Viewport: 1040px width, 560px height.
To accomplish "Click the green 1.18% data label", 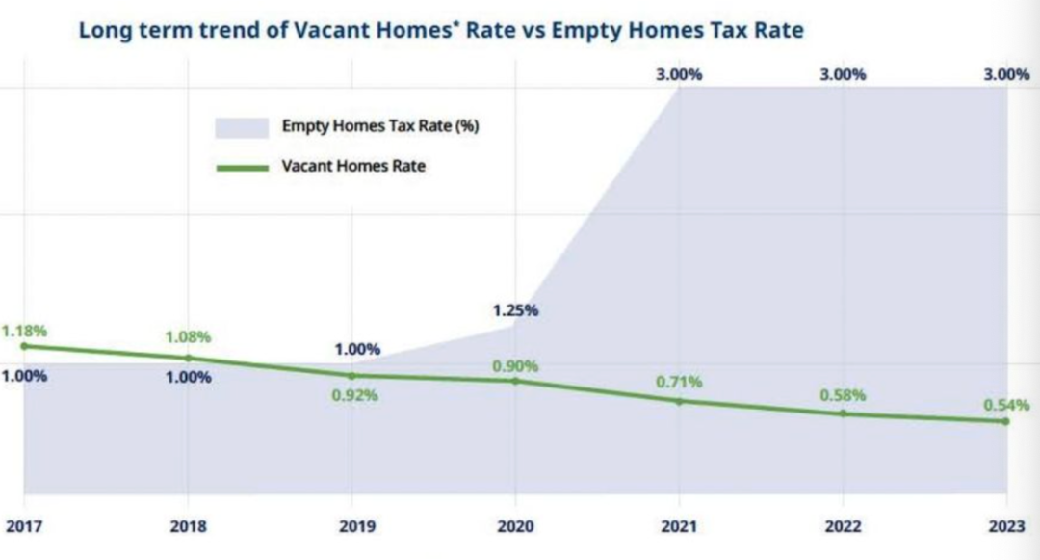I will pyautogui.click(x=24, y=331).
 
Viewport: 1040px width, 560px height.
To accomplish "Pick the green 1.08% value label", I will pyautogui.click(x=188, y=337).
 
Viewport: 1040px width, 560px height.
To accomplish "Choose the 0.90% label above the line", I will pyautogui.click(x=515, y=366).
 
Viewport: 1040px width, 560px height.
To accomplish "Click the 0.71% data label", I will pyautogui.click(x=680, y=382).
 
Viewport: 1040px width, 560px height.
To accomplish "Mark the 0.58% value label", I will pyautogui.click(x=843, y=395).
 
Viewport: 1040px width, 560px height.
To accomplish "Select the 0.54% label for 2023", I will pyautogui.click(x=1006, y=405).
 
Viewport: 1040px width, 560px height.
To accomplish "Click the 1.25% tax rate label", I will pyautogui.click(x=515, y=310).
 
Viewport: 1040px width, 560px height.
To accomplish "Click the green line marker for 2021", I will pyautogui.click(x=679, y=401).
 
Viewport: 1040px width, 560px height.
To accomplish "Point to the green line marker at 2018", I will pyautogui.click(x=188, y=358).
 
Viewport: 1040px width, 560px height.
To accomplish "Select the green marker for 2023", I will pyautogui.click(x=1006, y=421).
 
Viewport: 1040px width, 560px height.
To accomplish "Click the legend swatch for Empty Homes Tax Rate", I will pyautogui.click(x=242, y=127).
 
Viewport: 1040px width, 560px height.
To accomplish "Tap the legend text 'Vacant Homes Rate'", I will pyautogui.click(x=353, y=166).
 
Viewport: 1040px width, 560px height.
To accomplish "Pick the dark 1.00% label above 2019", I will pyautogui.click(x=357, y=349).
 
